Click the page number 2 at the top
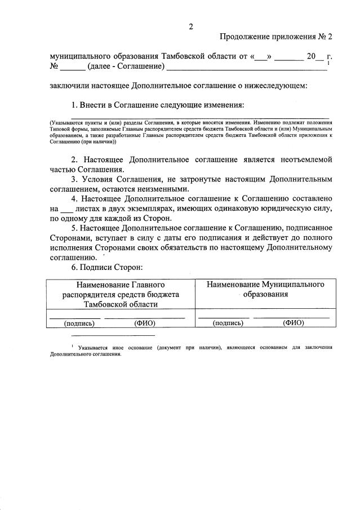(x=191, y=26)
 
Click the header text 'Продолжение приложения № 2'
(x=276, y=37)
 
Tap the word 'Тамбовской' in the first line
(x=187, y=57)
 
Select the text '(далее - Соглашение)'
(x=126, y=67)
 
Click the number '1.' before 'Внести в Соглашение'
(x=74, y=105)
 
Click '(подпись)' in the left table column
(x=79, y=323)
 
